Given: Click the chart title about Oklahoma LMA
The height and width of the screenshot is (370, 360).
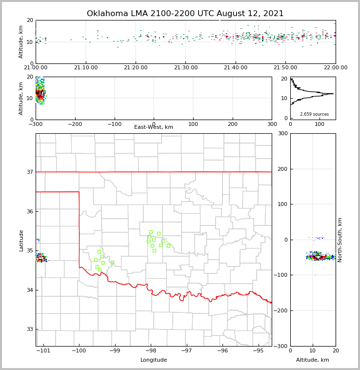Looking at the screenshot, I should pos(185,14).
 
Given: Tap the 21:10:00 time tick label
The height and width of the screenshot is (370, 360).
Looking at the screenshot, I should pos(86,68).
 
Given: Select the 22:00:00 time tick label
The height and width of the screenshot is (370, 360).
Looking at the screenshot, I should pos(336,68).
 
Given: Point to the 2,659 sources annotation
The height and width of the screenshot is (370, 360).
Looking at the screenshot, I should pos(314,114).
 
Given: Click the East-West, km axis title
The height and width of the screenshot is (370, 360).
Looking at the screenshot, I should pos(154,127).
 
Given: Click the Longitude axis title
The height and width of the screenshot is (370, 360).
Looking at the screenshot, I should pos(154,360).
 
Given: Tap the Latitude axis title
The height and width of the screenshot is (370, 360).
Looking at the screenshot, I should pos(21,240).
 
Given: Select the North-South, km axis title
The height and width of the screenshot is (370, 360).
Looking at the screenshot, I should pos(340,240).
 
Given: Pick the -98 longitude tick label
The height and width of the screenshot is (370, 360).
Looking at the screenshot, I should pos(151,350).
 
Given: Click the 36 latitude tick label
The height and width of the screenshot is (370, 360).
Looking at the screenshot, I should pos(30,211).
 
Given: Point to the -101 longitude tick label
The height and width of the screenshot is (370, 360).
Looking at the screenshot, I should pos(43,350).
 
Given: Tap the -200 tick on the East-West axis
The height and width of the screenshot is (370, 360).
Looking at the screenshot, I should pos(75,124).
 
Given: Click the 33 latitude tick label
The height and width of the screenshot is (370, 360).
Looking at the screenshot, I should pos(30,329).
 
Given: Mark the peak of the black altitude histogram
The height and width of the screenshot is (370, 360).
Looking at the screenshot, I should pos(333,94).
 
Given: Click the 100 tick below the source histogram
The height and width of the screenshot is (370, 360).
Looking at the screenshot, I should pos(320,124).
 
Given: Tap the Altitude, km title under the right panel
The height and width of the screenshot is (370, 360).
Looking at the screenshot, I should pos(313,360).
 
